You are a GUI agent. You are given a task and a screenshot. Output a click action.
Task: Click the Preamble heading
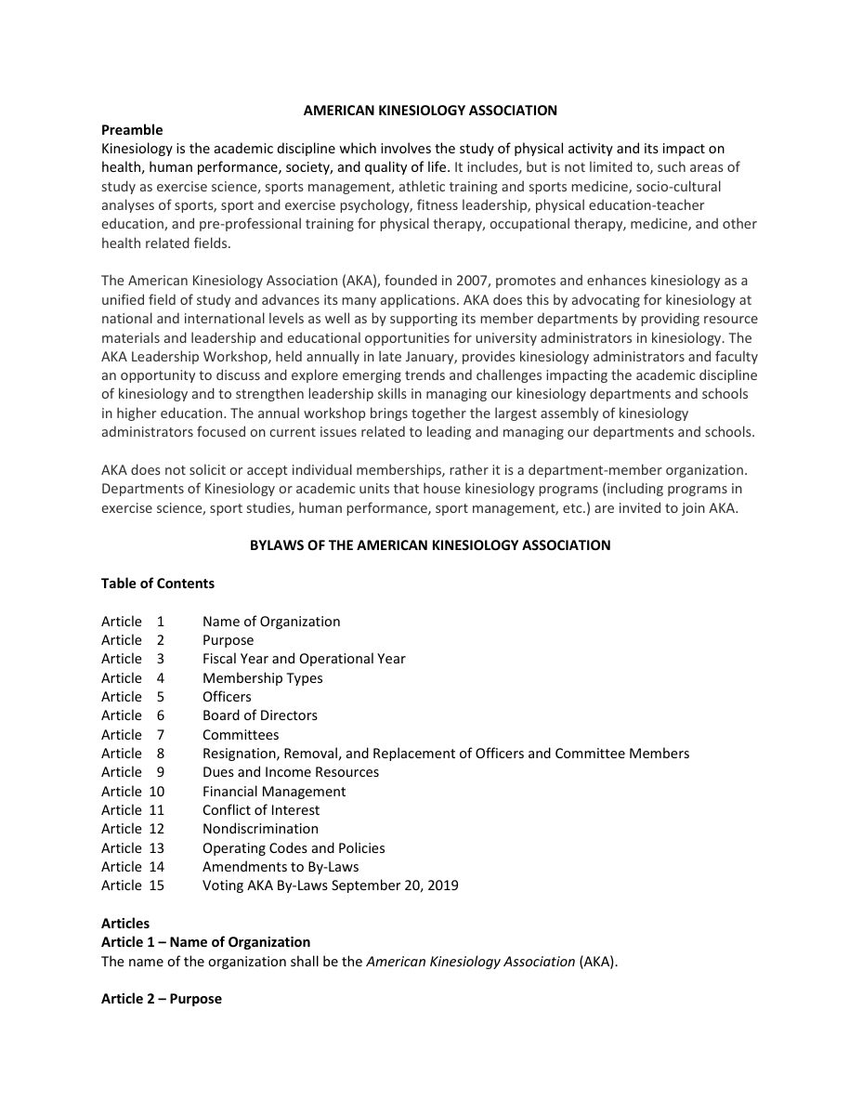pyautogui.click(x=132, y=130)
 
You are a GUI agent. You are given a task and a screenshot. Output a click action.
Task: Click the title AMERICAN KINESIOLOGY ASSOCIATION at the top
pyautogui.click(x=430, y=111)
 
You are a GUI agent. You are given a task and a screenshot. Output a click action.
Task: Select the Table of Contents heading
pyautogui.click(x=158, y=584)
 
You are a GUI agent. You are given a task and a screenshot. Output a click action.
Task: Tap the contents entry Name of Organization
pyautogui.click(x=271, y=622)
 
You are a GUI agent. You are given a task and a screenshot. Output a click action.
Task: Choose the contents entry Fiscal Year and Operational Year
pyautogui.click(x=304, y=659)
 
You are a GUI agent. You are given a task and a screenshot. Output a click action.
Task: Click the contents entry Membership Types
pyautogui.click(x=263, y=678)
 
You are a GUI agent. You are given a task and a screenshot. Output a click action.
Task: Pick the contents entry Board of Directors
pyautogui.click(x=260, y=715)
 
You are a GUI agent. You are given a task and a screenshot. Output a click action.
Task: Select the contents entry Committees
pyautogui.click(x=241, y=735)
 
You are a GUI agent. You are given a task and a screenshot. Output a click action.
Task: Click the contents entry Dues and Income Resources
pyautogui.click(x=291, y=772)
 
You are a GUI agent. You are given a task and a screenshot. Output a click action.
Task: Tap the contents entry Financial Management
pyautogui.click(x=274, y=792)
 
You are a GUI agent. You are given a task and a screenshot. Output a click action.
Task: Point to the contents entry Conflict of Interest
pyautogui.click(x=261, y=810)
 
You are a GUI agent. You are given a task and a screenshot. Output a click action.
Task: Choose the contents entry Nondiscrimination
pyautogui.click(x=260, y=829)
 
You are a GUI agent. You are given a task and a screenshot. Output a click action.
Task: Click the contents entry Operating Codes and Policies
pyautogui.click(x=294, y=848)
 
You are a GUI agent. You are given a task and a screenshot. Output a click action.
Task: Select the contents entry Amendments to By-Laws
pyautogui.click(x=281, y=867)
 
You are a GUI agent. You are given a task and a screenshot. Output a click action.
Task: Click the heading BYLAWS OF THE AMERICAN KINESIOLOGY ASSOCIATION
pyautogui.click(x=430, y=545)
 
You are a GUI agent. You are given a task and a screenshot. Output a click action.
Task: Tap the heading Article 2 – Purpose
pyautogui.click(x=162, y=999)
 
